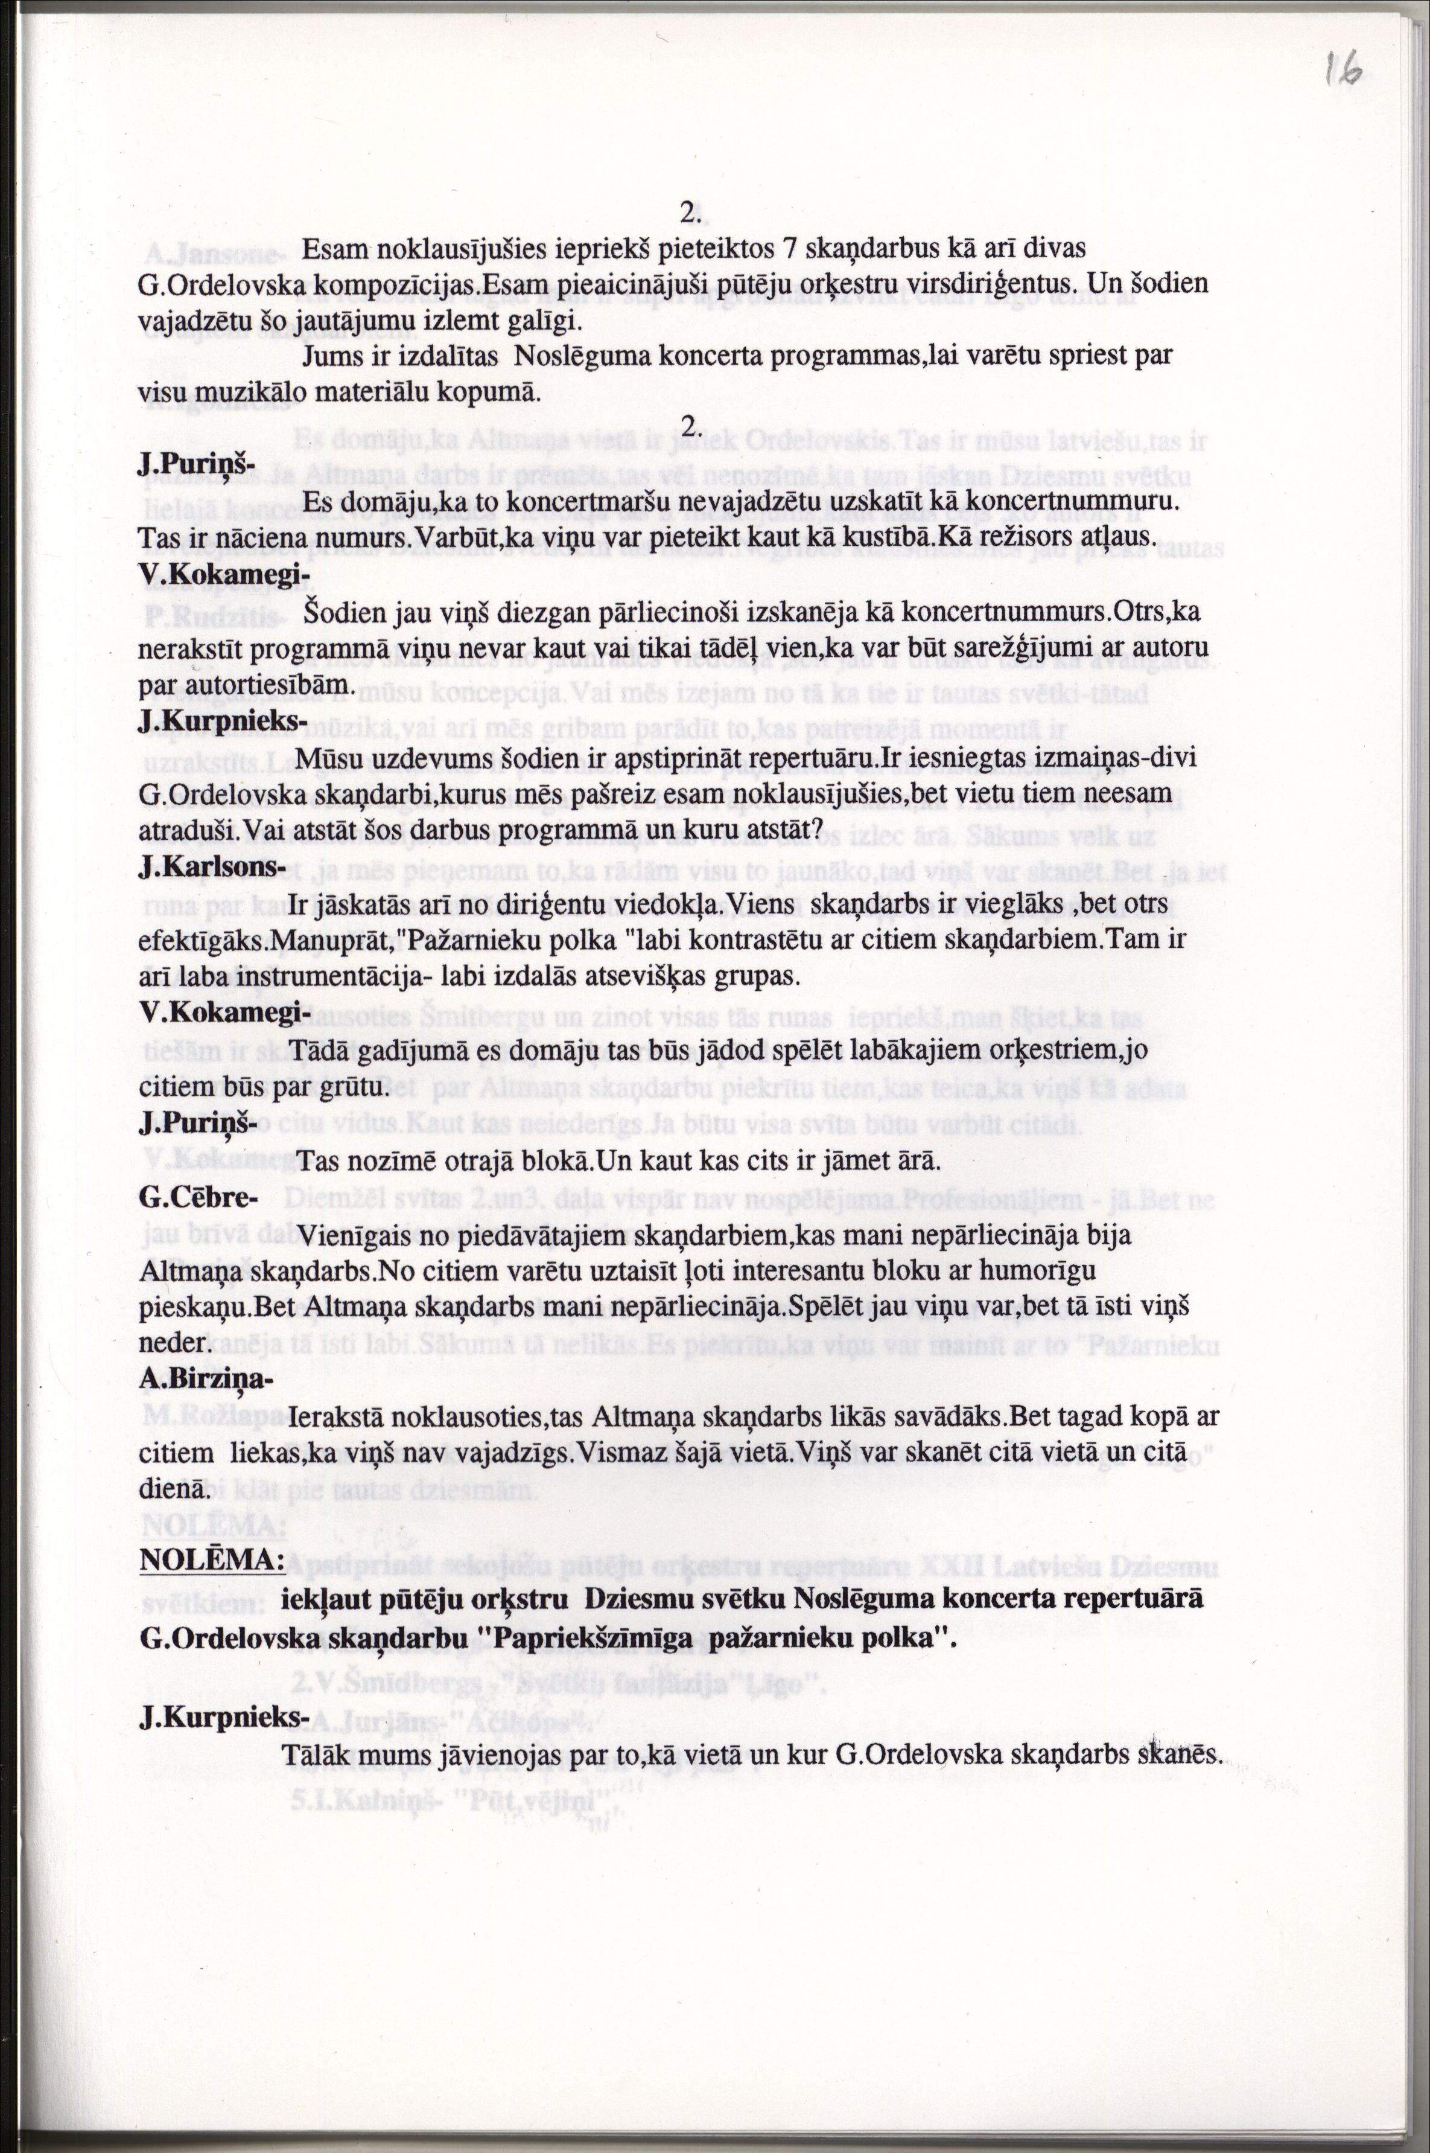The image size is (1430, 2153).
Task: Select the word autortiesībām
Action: tap(243, 683)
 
